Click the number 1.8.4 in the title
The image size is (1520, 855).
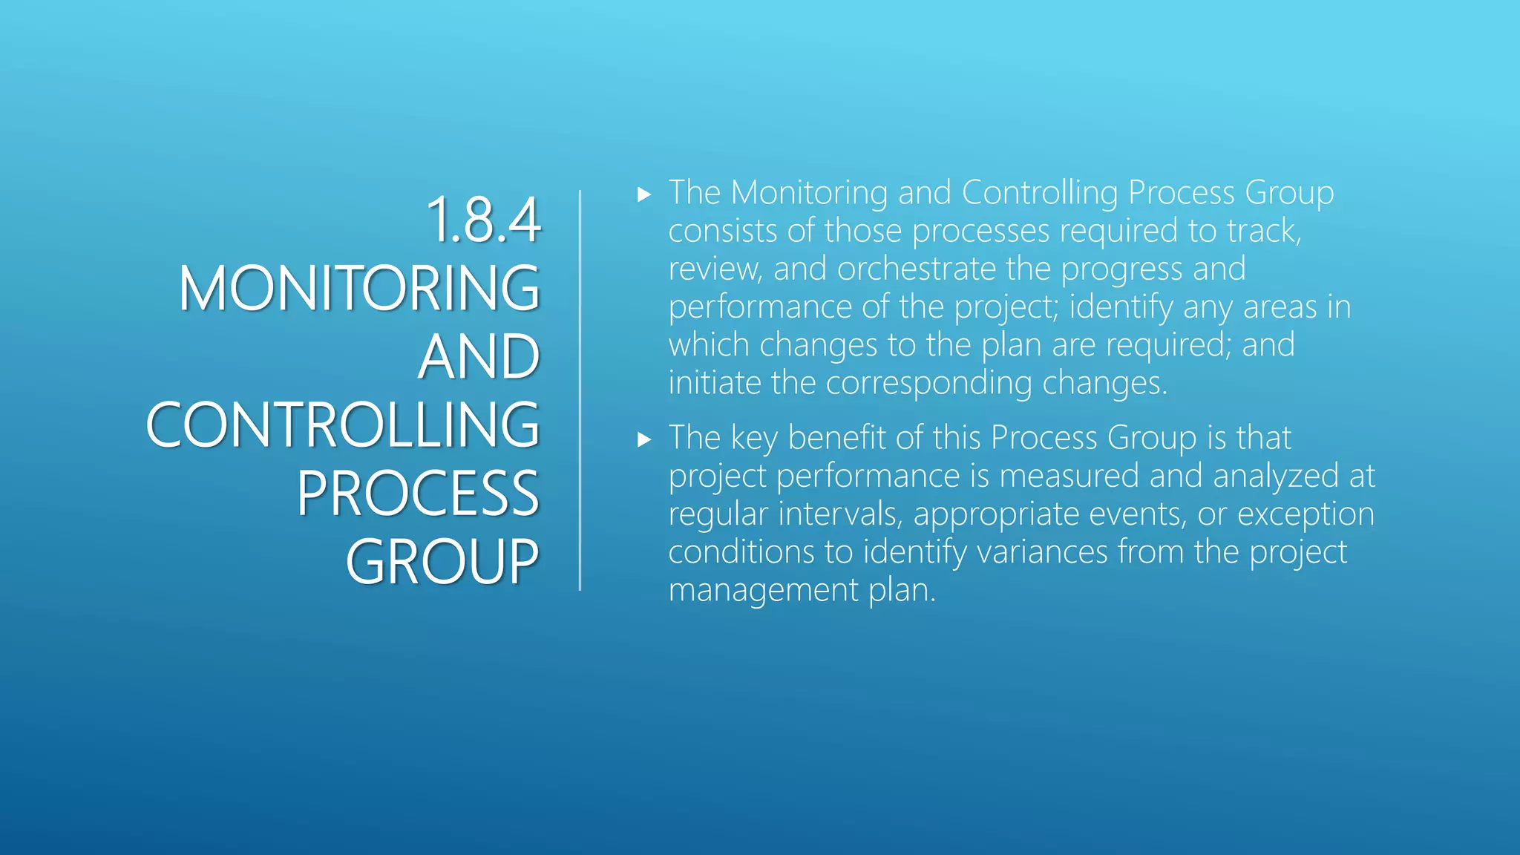pyautogui.click(x=483, y=220)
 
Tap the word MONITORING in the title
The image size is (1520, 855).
pyautogui.click(x=358, y=288)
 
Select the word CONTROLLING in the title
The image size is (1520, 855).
pyautogui.click(x=342, y=425)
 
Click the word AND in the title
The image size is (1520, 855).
pyautogui.click(x=479, y=357)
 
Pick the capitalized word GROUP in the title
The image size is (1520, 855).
pyautogui.click(x=442, y=562)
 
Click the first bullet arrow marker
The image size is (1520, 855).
pyautogui.click(x=644, y=195)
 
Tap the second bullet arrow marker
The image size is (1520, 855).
pyautogui.click(x=644, y=440)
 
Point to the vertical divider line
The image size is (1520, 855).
pyautogui.click(x=580, y=390)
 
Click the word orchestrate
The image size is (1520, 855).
pyautogui.click(x=916, y=269)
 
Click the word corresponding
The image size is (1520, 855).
pyautogui.click(x=928, y=384)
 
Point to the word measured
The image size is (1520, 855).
pyautogui.click(x=1069, y=476)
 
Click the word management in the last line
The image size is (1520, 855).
pyautogui.click(x=763, y=590)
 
